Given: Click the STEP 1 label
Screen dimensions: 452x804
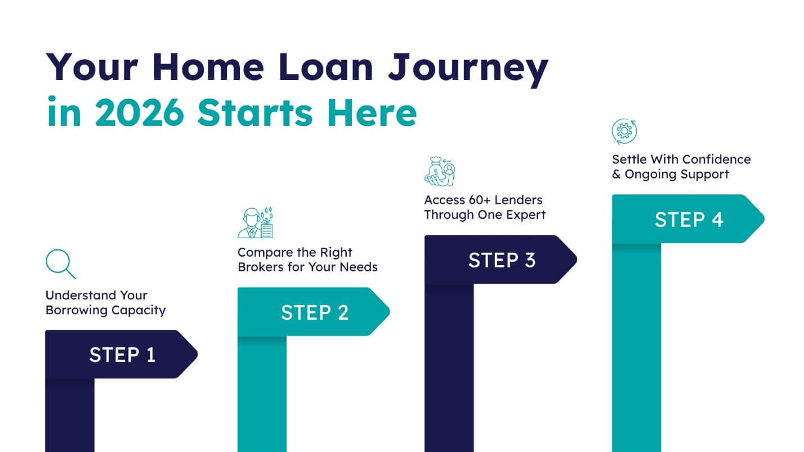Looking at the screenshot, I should pos(122,355).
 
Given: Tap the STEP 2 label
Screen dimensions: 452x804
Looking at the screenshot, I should pos(315,312).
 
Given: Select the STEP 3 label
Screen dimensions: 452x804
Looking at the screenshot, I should pos(502,260).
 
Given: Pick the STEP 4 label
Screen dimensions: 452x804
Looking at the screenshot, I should pos(689,219).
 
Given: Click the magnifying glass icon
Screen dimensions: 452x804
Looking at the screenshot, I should pos(60,264).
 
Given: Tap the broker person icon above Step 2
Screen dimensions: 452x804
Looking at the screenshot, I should pos(255,223).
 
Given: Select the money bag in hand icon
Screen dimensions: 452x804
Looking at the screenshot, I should pos(440,172).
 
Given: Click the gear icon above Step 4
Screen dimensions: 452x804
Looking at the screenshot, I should pos(624,132).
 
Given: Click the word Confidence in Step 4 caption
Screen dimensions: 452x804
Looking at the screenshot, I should pos(716,159).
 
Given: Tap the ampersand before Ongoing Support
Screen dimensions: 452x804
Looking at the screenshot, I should pos(617,174).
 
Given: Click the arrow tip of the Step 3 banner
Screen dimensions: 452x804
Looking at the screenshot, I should pos(571,259).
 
